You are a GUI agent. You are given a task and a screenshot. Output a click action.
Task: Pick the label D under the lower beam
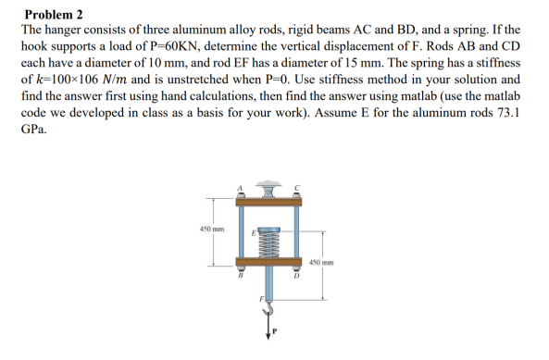(296, 276)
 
